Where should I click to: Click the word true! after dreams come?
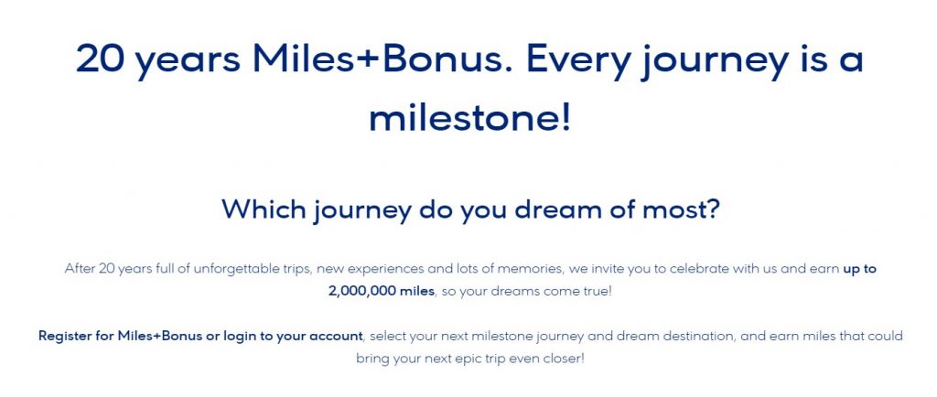coord(588,290)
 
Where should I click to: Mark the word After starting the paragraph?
coord(81,269)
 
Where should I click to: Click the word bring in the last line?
coord(372,357)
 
